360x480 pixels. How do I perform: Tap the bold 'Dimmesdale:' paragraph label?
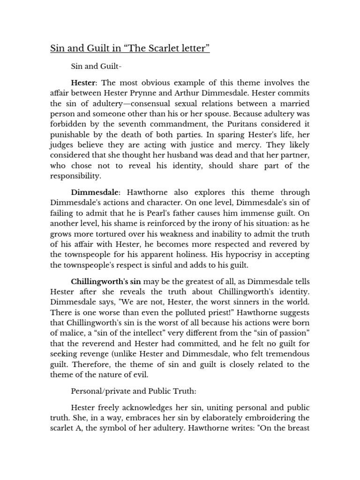pyautogui.click(x=96, y=193)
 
